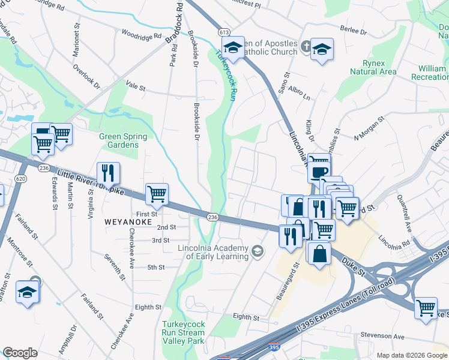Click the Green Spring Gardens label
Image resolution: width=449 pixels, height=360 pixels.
(x=119, y=140)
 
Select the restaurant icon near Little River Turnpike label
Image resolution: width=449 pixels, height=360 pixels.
(x=108, y=173)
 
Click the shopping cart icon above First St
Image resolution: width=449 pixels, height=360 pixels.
(x=157, y=194)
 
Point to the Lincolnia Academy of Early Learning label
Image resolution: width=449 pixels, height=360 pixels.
(x=213, y=253)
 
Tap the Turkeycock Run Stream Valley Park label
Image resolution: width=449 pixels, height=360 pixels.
(x=184, y=332)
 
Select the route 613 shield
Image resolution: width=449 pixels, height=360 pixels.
(x=224, y=32)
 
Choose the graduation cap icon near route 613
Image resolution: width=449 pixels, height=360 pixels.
(x=233, y=47)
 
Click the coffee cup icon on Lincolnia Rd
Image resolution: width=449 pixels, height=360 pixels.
(x=318, y=172)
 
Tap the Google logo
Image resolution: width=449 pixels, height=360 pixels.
(x=20, y=352)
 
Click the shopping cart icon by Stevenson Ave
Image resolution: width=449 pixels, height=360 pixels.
(x=426, y=308)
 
